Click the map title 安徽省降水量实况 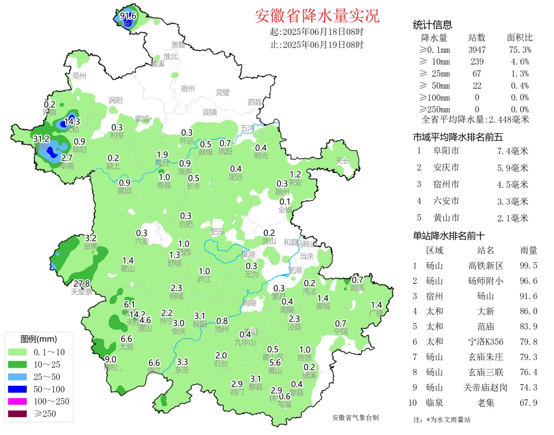(317, 16)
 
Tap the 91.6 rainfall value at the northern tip (128, 16)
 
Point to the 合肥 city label (186, 224)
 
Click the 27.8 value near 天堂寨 (82, 284)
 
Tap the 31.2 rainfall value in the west (41, 139)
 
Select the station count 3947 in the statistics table (477, 50)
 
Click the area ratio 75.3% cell (519, 50)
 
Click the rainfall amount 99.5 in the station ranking (528, 266)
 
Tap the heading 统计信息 (432, 25)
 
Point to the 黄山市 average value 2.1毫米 (512, 218)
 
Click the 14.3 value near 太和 (72, 122)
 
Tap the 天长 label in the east (342, 161)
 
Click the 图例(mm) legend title (38, 339)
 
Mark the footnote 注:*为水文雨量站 (442, 419)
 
